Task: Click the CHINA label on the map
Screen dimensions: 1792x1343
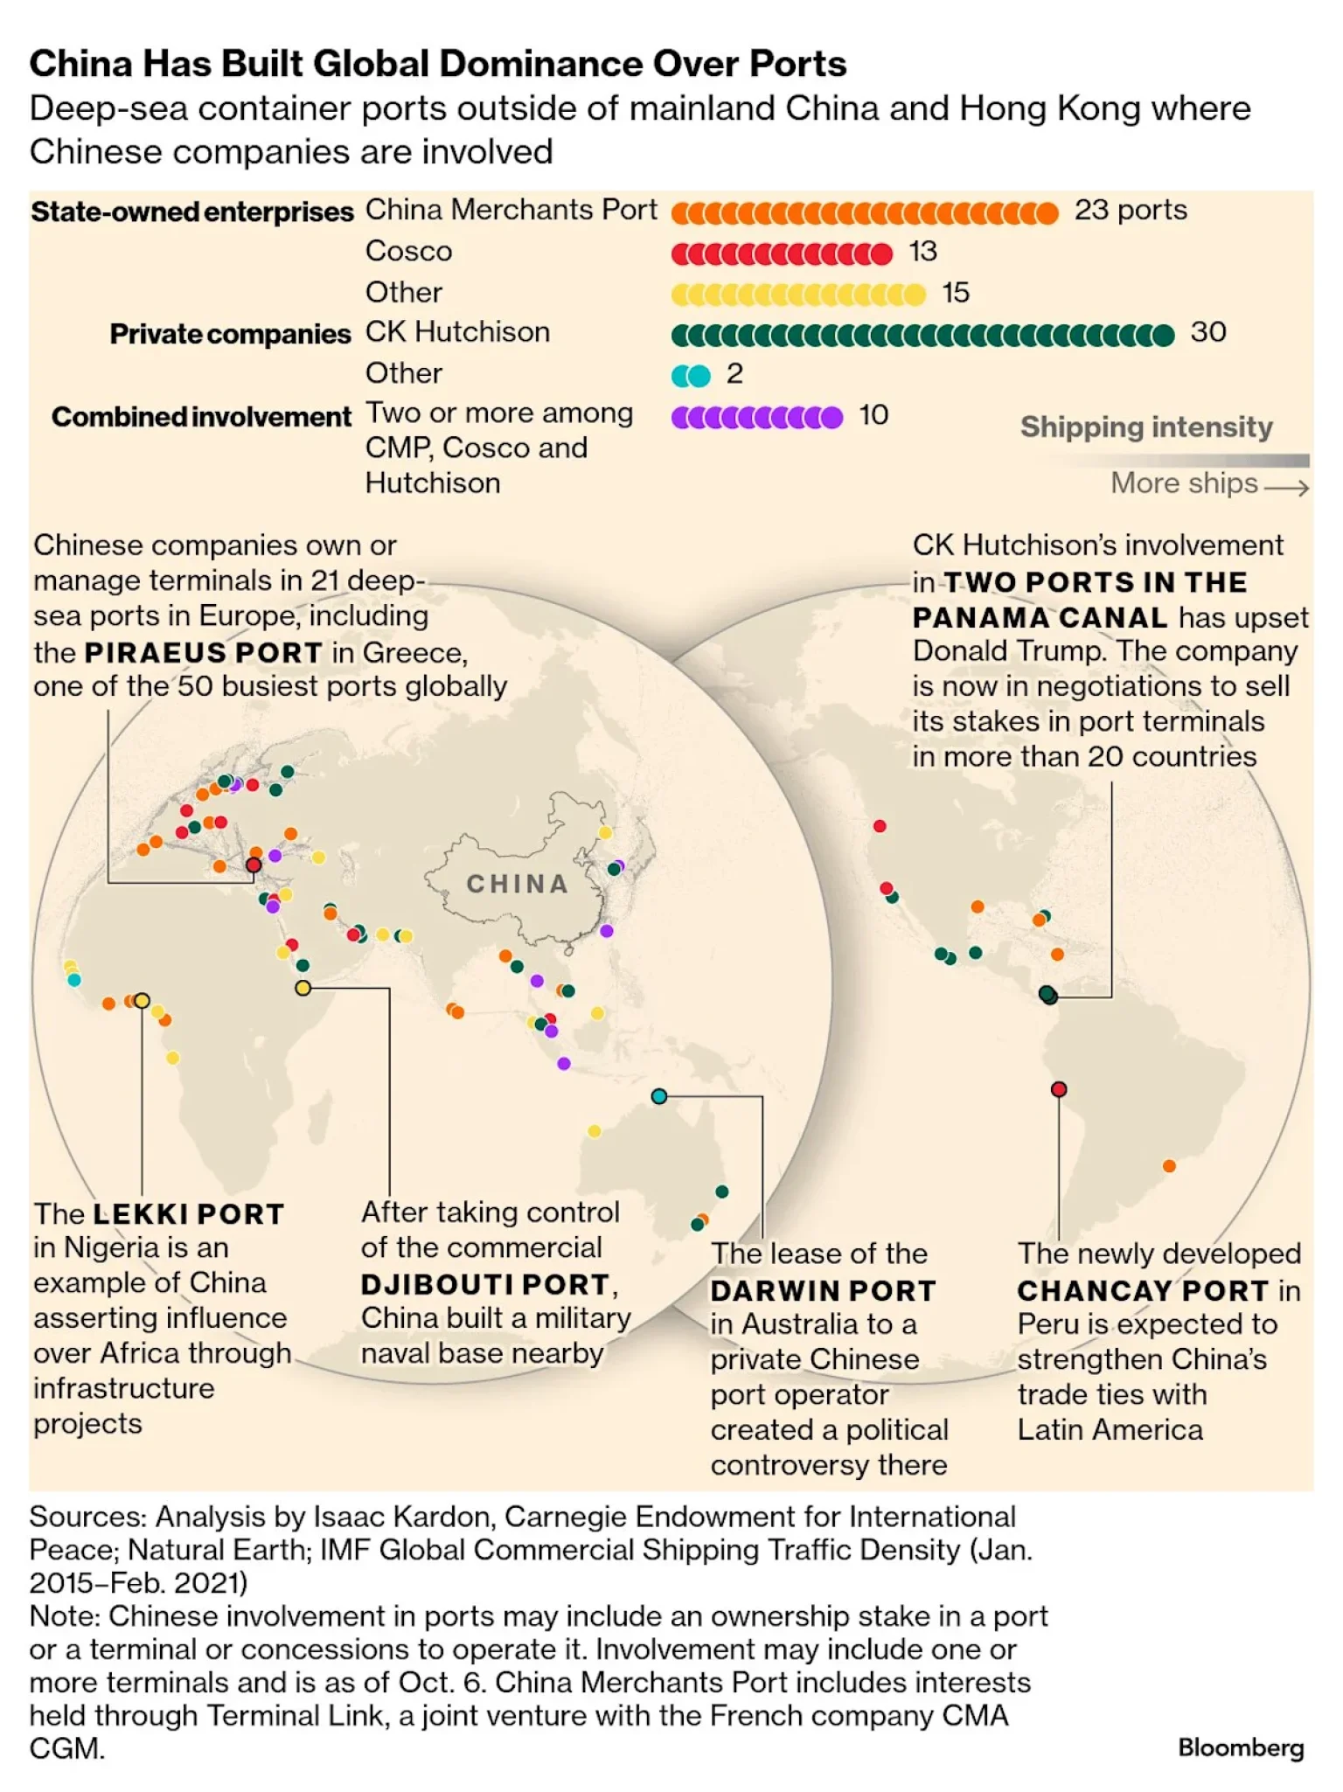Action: (517, 884)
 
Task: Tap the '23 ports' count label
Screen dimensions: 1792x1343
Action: (1131, 210)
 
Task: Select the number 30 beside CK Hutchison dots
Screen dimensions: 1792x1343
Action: (1208, 332)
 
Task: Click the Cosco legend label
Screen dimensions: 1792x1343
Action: (408, 252)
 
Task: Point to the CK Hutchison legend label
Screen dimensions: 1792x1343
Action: (457, 332)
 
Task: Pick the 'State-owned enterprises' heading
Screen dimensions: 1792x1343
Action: (192, 212)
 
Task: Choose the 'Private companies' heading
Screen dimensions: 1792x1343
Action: (230, 334)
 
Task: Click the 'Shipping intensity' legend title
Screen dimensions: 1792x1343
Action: (1146, 427)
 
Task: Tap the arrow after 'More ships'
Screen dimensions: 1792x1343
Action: (1286, 487)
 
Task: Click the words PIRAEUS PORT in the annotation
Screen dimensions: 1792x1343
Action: (204, 652)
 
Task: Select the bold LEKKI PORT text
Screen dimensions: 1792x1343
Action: (189, 1213)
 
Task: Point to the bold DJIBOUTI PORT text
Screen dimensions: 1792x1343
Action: (485, 1284)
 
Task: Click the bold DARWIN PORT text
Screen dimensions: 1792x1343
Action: (823, 1290)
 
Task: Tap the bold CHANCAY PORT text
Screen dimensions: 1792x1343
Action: (1143, 1290)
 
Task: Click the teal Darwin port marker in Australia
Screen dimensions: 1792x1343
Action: (659, 1096)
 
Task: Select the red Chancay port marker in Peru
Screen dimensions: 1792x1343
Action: (1059, 1089)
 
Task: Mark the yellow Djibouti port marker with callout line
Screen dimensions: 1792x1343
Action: (303, 988)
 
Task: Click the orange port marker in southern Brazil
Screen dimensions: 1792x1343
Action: (1169, 1165)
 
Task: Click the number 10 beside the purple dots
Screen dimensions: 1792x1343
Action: (873, 415)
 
